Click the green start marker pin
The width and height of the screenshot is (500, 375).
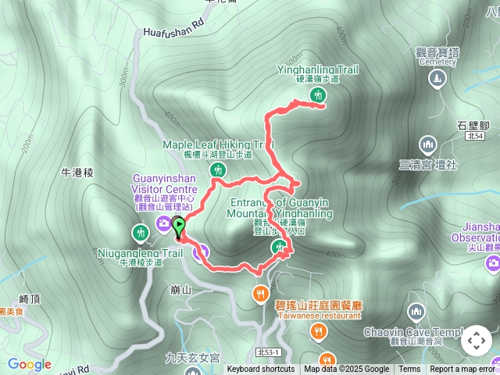point(178,227)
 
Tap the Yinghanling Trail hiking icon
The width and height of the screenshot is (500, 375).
point(318,95)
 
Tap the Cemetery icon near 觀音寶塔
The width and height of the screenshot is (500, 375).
point(437,78)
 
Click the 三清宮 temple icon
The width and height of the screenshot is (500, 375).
point(427,145)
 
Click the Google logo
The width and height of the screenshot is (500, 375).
point(30,364)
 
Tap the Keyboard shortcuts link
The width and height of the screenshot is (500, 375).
point(261,370)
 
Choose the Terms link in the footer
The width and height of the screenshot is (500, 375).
point(409,370)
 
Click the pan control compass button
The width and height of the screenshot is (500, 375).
point(476,341)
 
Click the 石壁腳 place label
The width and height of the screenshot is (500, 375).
point(473,124)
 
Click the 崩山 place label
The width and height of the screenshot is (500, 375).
point(180,289)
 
